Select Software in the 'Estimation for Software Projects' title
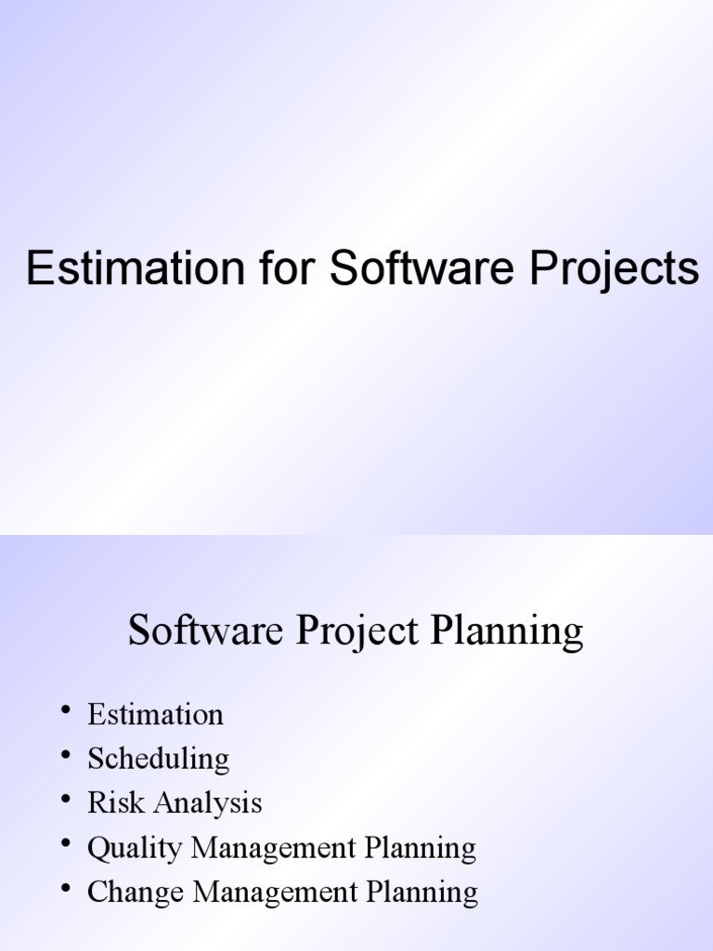[421, 269]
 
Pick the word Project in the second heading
[356, 632]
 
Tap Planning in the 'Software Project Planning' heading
[507, 632]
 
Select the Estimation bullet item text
[155, 714]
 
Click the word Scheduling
[158, 760]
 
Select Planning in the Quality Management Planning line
[421, 848]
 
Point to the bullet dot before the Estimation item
[66, 711]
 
